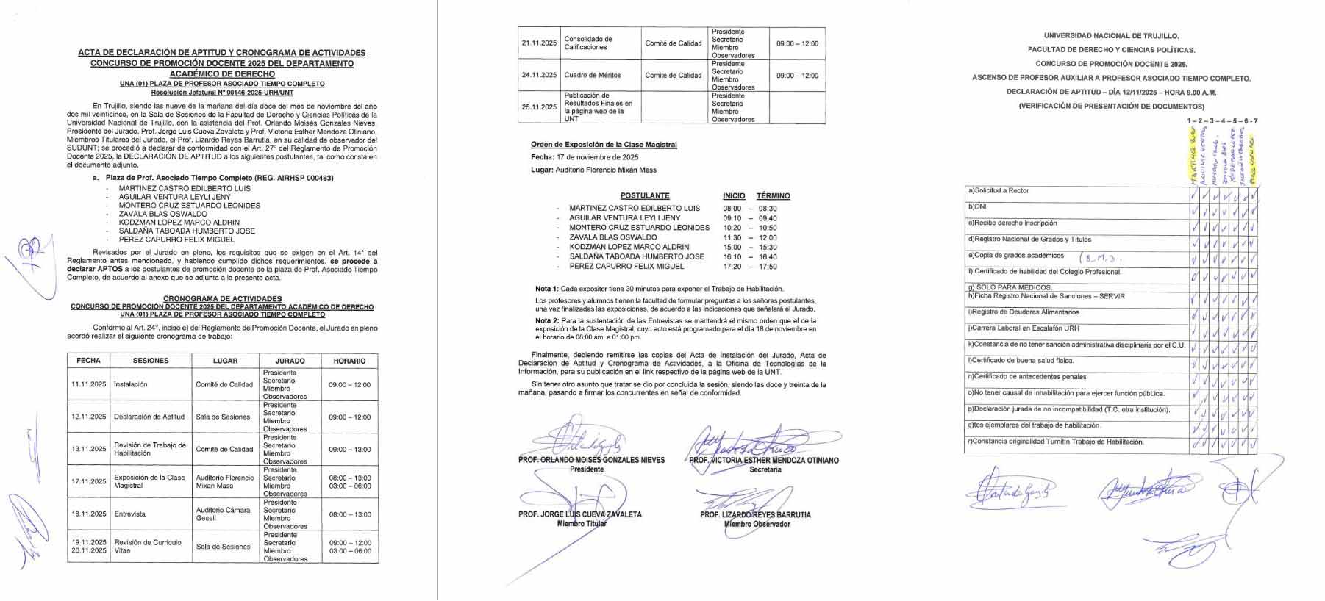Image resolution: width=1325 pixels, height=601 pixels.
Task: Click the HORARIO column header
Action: [x=349, y=361]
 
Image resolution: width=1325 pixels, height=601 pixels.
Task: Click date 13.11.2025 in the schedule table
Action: [x=89, y=449]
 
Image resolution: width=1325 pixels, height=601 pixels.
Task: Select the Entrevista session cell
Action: [x=130, y=514]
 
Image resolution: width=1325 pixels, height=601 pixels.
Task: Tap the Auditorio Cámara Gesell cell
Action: [x=224, y=514]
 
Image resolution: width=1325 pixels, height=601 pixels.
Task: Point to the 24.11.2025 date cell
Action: [x=539, y=76]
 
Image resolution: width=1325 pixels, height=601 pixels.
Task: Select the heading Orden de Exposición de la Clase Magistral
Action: [x=604, y=145]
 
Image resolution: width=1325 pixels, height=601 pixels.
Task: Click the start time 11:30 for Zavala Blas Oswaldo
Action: [x=732, y=237]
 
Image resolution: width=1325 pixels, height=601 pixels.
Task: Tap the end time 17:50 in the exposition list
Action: [x=767, y=267]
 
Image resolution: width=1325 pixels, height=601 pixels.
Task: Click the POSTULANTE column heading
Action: [x=645, y=196]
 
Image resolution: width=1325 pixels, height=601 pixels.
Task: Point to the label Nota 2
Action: [x=546, y=321]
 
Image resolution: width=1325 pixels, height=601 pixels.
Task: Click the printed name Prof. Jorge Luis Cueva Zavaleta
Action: [x=579, y=515]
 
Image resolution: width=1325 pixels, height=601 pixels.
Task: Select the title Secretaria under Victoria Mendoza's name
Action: [x=765, y=469]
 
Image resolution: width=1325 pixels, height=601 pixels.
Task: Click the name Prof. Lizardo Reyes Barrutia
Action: [x=755, y=515]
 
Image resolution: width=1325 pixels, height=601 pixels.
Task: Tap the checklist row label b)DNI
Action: [x=978, y=207]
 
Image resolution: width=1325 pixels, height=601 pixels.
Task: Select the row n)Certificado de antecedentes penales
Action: [x=1027, y=377]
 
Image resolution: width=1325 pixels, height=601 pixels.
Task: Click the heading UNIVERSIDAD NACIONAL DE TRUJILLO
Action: [x=1111, y=35]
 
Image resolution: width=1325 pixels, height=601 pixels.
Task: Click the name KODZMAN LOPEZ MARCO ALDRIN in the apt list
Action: [x=179, y=223]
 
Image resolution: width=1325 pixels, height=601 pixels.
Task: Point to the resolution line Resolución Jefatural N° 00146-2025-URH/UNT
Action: [x=222, y=93]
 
